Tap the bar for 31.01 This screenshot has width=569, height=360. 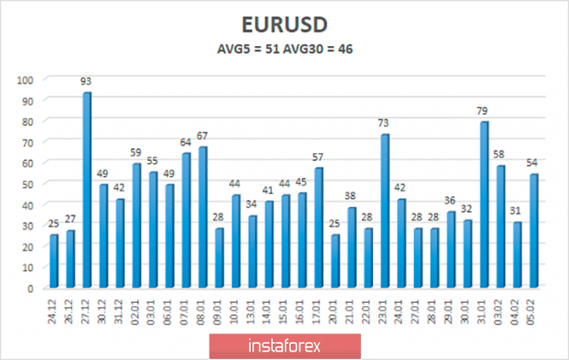tap(485, 204)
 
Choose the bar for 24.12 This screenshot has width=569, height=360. tap(54, 261)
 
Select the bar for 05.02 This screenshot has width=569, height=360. tap(535, 231)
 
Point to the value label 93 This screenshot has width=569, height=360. tap(86, 82)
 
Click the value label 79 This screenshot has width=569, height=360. tap(485, 111)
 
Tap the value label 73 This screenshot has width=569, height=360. tap(385, 124)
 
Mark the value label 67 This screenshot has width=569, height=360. tap(203, 137)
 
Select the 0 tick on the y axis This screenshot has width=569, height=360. tap(30, 288)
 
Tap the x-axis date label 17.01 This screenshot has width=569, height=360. tap(319, 308)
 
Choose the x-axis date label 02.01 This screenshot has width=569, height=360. tap(137, 308)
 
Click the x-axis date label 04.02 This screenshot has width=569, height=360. tap(519, 308)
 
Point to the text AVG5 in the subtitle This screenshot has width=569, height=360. tap(234, 50)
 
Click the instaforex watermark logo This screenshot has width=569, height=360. tap(285, 346)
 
